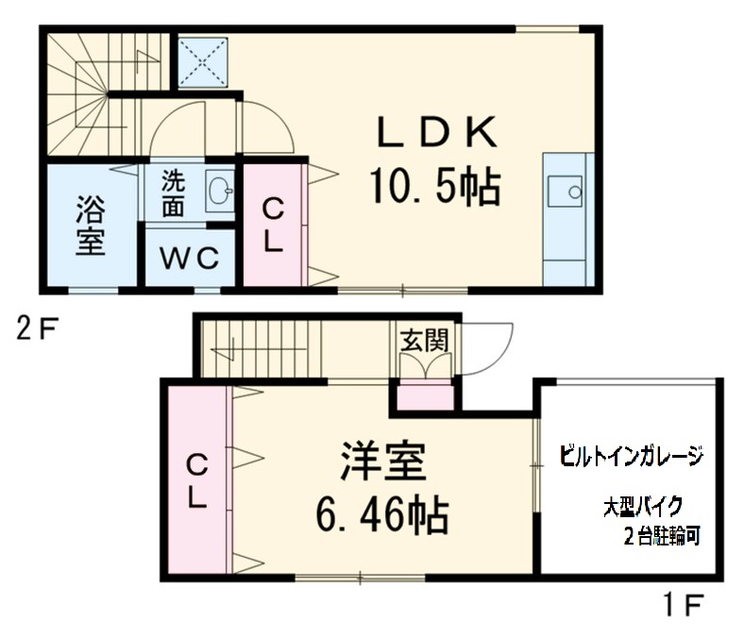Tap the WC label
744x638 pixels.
(x=188, y=257)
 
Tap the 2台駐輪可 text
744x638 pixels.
(x=661, y=537)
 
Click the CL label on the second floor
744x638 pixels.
(x=272, y=225)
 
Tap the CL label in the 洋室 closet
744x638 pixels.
(x=196, y=479)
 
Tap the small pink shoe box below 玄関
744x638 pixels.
(x=424, y=397)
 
